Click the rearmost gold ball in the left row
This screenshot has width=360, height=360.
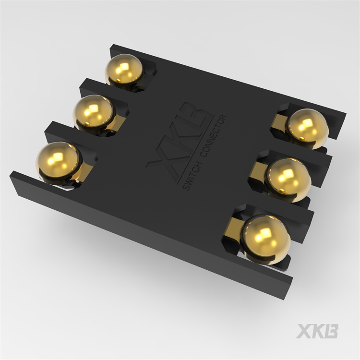[x=124, y=70]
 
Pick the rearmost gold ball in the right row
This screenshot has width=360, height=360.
[x=308, y=127]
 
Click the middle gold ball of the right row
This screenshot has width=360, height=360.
[x=288, y=179]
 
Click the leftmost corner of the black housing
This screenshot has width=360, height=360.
[x=11, y=176]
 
